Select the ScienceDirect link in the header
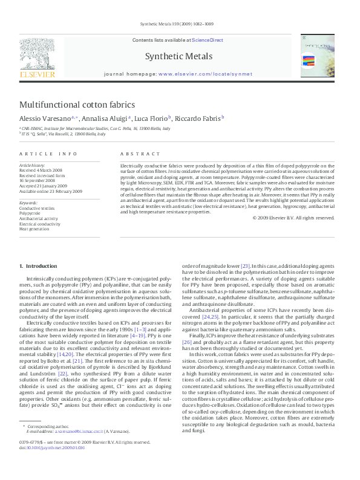coord(208,41)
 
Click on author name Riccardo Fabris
coord(183,118)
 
